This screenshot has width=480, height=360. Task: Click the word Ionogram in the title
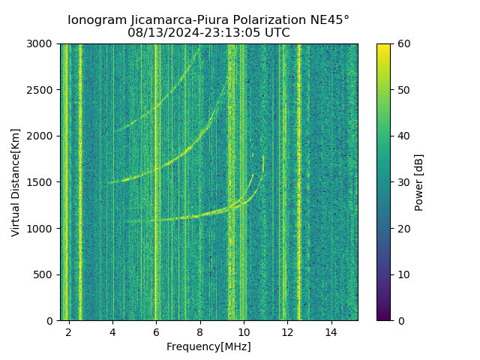pos(95,20)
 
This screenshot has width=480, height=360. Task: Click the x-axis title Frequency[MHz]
pos(208,346)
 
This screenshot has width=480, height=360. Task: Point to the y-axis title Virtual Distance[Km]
pos(16,182)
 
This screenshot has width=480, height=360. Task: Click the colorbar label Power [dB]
pos(419,182)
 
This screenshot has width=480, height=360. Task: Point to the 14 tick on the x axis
pos(331,332)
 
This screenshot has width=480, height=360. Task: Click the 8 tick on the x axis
pos(200,332)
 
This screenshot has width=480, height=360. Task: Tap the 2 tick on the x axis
pos(69,332)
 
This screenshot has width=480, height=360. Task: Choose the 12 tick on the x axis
pos(287,332)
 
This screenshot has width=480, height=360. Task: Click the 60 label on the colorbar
pos(403,44)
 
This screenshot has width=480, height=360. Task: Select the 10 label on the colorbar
pos(403,274)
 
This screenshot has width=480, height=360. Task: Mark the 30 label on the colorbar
pos(403,182)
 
